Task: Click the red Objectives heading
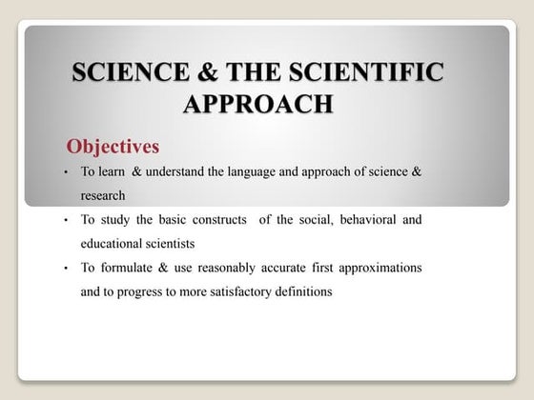[x=112, y=147]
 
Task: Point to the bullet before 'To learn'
[x=64, y=172]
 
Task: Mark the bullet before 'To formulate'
[x=64, y=270]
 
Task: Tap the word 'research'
[x=103, y=195]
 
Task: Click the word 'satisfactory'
[x=238, y=292]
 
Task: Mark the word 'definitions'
[x=304, y=292]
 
